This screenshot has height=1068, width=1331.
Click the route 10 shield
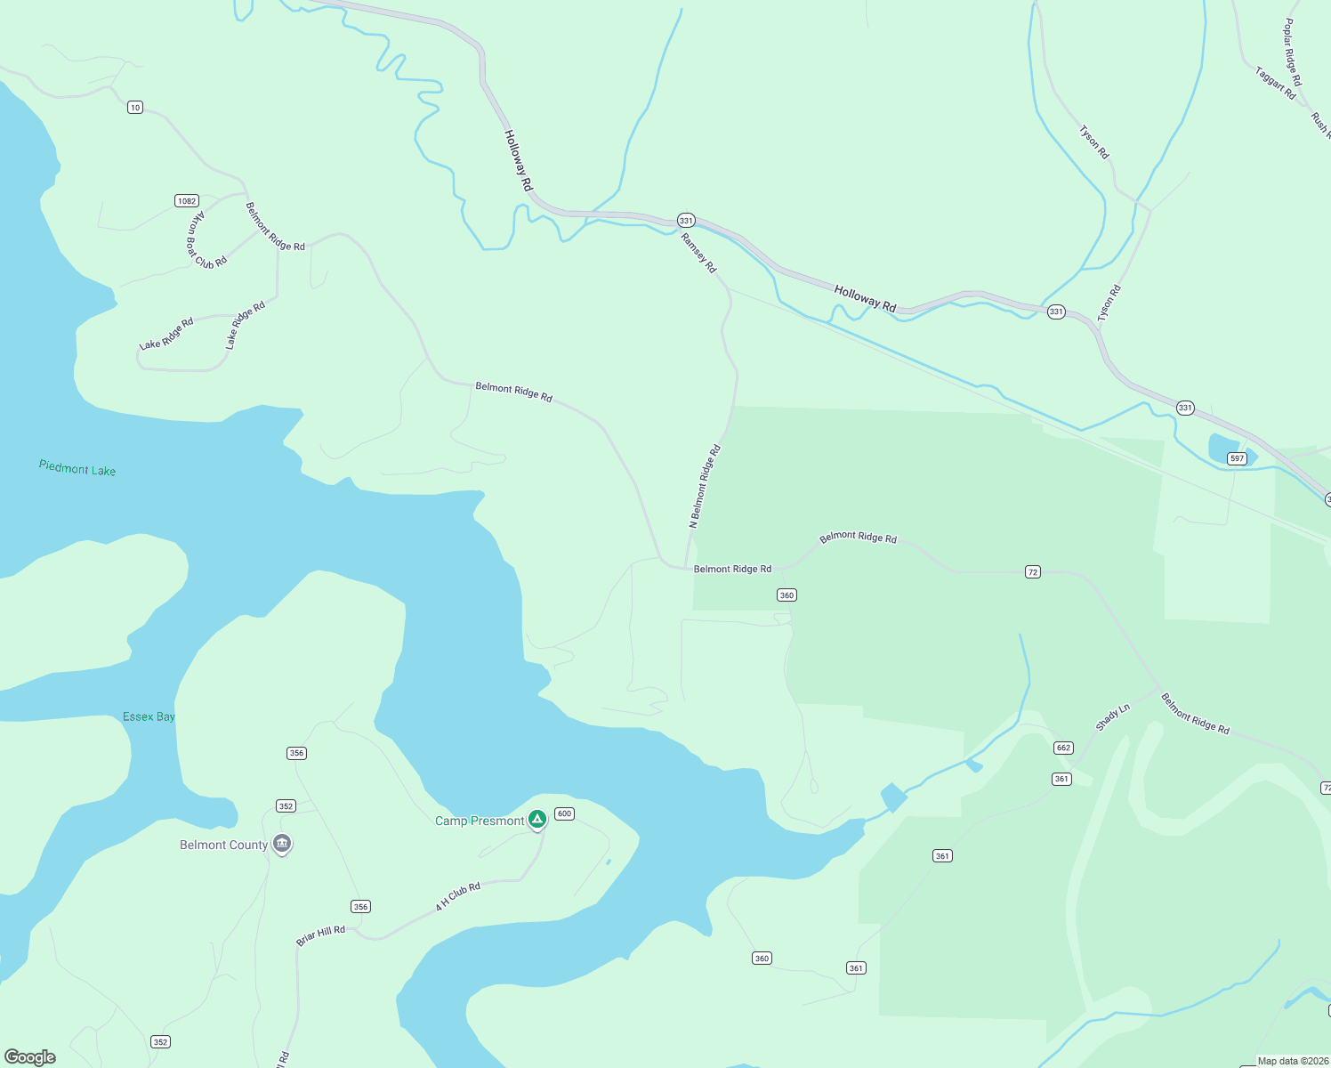tap(134, 108)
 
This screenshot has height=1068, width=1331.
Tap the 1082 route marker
tap(186, 201)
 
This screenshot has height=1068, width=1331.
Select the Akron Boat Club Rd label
tap(206, 239)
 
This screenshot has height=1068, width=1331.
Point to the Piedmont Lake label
tap(77, 468)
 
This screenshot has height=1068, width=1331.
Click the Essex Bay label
tap(149, 716)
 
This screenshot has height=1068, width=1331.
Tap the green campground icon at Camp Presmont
tap(536, 819)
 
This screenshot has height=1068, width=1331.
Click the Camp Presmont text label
tap(480, 821)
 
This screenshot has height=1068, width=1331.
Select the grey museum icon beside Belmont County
tap(282, 844)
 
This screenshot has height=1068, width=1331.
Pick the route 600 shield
tap(564, 813)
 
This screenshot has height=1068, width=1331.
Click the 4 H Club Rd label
tap(457, 896)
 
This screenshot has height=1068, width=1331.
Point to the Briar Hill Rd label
tap(320, 935)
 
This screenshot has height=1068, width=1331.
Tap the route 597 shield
tap(1237, 458)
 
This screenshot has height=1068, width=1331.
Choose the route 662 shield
tap(1063, 748)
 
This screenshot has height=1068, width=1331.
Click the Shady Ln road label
tap(1112, 716)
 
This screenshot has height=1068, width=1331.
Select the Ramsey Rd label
tap(698, 253)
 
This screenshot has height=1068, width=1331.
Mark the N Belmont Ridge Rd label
tap(705, 487)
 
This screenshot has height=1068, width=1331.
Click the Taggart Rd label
tap(1275, 82)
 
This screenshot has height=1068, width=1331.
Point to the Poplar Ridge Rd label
tap(1292, 53)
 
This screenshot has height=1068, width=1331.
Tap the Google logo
tap(29, 1056)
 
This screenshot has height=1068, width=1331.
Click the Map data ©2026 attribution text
tap(1293, 1061)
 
